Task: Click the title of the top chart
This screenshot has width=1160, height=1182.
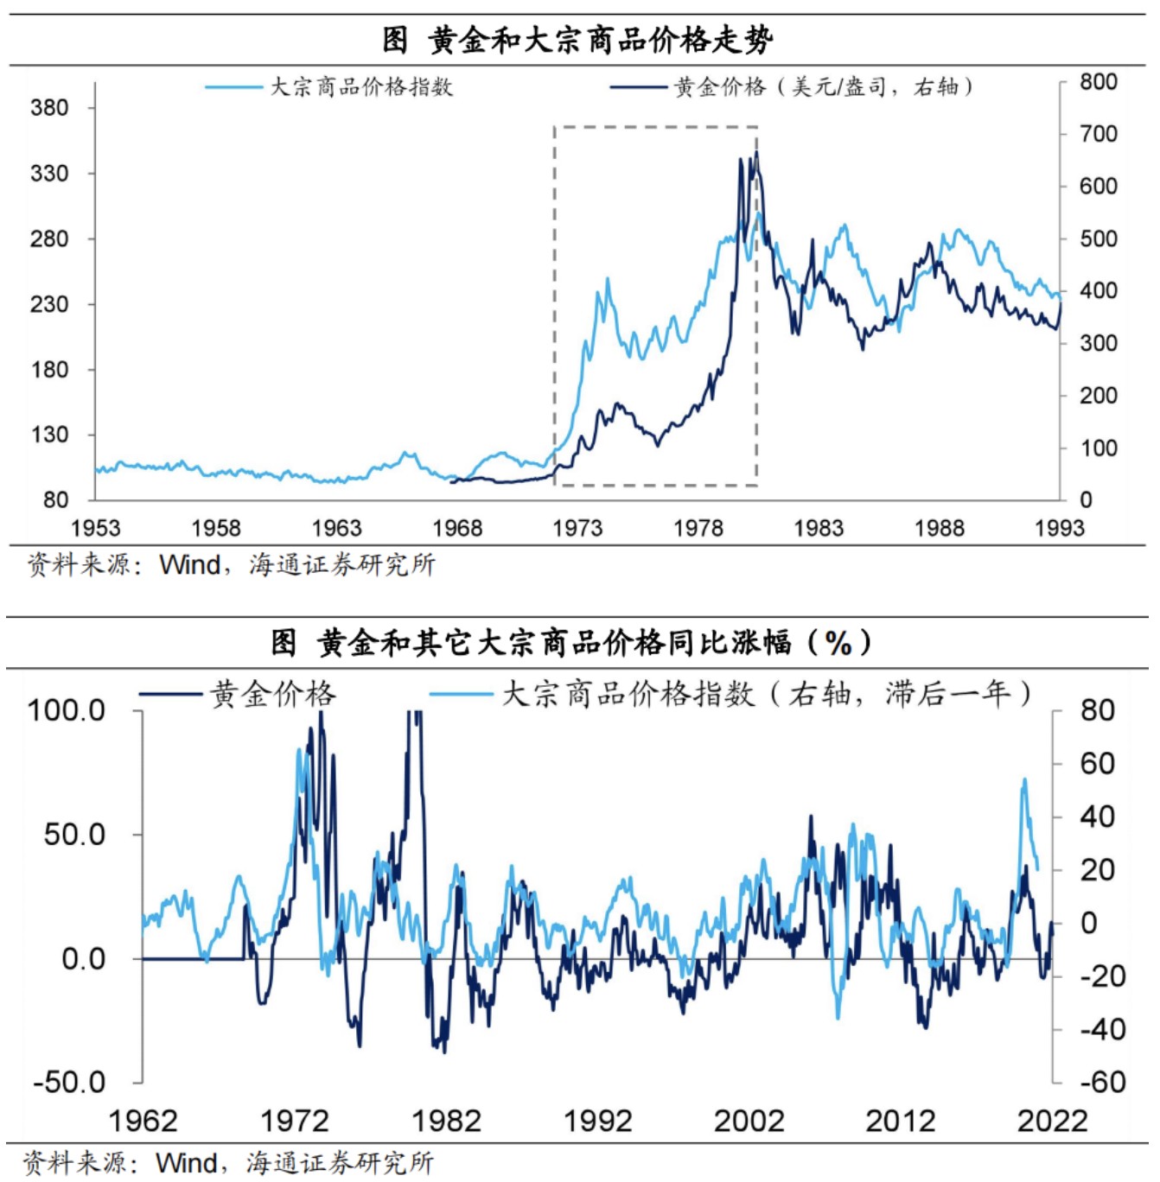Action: [x=577, y=40]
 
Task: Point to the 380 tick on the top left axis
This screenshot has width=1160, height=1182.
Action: [x=49, y=108]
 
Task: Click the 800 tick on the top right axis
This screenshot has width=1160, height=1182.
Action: [x=1098, y=82]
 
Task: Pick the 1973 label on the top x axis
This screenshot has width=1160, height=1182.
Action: [x=577, y=528]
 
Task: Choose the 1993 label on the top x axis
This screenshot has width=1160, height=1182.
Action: [x=1059, y=528]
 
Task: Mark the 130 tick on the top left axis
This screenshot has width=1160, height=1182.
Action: [x=49, y=435]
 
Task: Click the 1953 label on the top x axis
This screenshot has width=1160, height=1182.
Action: [x=95, y=528]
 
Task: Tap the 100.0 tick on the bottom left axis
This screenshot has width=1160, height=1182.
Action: [x=67, y=711]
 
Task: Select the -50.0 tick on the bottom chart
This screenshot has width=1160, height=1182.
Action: [x=68, y=1082]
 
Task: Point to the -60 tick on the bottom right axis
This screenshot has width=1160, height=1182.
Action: [x=1102, y=1082]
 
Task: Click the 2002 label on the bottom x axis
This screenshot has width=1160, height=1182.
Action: [x=749, y=1121]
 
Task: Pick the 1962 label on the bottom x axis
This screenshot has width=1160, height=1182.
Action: [x=143, y=1121]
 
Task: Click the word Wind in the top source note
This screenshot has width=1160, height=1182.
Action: [x=189, y=565]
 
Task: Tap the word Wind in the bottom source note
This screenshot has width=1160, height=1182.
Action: [x=186, y=1163]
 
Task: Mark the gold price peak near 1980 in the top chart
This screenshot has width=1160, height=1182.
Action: [x=756, y=153]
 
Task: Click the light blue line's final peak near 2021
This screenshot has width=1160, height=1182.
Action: [x=1024, y=779]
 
